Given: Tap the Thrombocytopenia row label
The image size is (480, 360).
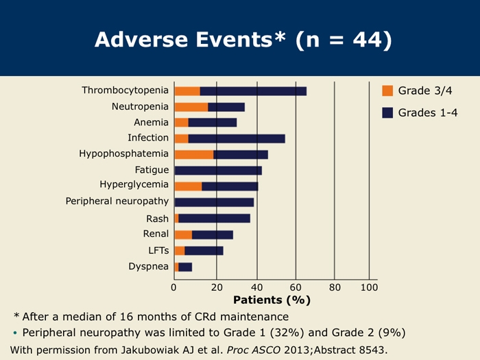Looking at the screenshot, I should click(x=125, y=91).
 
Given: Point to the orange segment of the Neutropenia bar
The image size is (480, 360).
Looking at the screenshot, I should click(x=191, y=107).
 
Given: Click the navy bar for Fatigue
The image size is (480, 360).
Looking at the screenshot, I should click(x=218, y=170).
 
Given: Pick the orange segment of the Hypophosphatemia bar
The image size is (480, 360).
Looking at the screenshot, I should click(x=193, y=154).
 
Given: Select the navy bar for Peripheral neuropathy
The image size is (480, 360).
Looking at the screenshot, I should click(x=214, y=202).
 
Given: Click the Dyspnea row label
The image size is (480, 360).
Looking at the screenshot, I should click(x=149, y=266).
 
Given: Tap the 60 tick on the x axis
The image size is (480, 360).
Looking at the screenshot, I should click(x=296, y=287).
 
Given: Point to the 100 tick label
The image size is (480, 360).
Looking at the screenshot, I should click(x=369, y=287).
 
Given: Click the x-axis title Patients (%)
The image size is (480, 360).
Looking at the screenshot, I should click(x=272, y=300).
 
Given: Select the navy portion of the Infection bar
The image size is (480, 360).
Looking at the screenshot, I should click(x=237, y=139).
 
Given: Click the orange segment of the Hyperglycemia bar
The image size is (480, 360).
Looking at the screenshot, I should click(x=188, y=186).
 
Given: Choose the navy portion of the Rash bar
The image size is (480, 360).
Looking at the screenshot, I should click(x=214, y=218).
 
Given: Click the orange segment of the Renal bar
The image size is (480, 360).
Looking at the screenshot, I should click(x=183, y=235).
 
